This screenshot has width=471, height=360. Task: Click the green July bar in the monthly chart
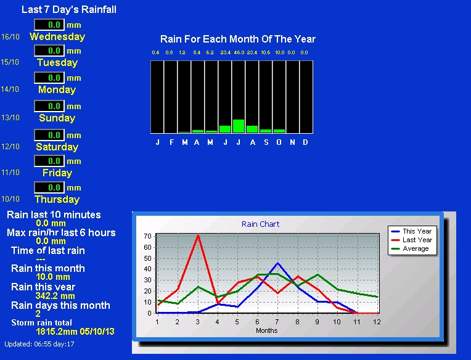(x=239, y=126)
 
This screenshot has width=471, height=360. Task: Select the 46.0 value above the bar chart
(x=239, y=52)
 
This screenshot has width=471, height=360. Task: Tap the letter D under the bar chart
(x=305, y=142)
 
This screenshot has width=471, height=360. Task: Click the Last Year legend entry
(x=412, y=240)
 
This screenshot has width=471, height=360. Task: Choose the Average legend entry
(x=410, y=248)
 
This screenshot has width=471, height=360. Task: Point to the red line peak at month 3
(x=198, y=235)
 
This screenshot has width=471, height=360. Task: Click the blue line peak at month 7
(x=278, y=263)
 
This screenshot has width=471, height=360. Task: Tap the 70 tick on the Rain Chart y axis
(x=147, y=236)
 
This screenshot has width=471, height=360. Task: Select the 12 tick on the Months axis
(x=377, y=322)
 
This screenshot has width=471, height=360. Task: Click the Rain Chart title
(x=260, y=224)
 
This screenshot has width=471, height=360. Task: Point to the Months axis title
(x=267, y=330)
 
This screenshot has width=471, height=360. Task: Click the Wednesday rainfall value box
(x=49, y=25)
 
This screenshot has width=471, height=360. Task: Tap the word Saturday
(x=57, y=147)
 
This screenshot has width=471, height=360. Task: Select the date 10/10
(x=10, y=198)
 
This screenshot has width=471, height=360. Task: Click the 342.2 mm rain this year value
(x=55, y=296)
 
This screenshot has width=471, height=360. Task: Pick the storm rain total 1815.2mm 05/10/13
(x=75, y=332)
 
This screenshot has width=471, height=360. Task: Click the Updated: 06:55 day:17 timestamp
(x=39, y=344)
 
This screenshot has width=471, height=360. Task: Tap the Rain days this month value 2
(x=38, y=314)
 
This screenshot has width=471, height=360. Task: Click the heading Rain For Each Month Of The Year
(x=238, y=39)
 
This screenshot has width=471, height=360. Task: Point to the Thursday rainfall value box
(x=49, y=187)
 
